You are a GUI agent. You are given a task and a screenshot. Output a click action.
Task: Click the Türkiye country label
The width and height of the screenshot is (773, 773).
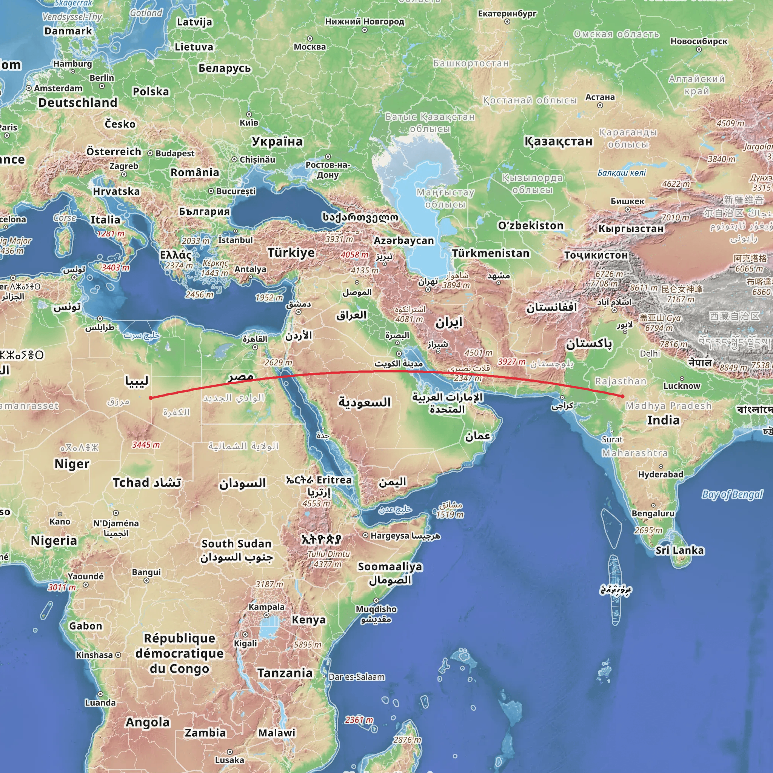[x=291, y=253]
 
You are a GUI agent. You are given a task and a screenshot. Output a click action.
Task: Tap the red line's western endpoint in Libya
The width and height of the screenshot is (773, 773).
[x=151, y=398]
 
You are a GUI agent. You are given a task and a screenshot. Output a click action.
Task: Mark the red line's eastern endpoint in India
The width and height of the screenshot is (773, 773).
[x=622, y=396]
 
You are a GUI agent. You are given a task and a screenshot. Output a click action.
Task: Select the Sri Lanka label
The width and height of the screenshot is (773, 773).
[x=679, y=550]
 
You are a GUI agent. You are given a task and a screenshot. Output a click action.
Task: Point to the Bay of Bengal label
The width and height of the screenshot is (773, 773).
[x=732, y=494]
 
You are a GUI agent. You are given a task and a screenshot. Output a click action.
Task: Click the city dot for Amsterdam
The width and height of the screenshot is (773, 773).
[x=29, y=88]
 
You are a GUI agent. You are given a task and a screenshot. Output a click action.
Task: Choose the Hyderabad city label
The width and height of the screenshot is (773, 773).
[x=661, y=474]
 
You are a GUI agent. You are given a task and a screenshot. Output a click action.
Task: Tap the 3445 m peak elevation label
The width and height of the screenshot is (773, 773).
[x=146, y=445]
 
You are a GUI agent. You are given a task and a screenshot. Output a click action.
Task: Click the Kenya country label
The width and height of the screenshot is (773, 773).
[x=308, y=620]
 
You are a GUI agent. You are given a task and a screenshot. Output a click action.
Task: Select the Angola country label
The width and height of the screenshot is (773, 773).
[x=148, y=722]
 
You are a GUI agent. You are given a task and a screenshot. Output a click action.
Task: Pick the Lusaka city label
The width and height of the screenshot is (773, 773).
[x=229, y=760]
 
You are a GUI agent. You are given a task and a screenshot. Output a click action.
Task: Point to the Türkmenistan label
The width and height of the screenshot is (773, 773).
[x=491, y=253]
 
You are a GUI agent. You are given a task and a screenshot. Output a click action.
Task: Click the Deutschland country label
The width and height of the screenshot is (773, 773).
[x=78, y=103]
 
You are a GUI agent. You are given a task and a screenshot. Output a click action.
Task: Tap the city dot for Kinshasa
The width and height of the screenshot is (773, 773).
[x=118, y=655]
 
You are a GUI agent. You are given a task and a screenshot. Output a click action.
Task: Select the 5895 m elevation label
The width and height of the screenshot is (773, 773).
[x=307, y=645]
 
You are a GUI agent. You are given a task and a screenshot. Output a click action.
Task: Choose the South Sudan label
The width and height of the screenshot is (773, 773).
[x=236, y=544]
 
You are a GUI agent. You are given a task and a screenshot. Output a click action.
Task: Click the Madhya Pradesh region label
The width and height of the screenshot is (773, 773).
[x=668, y=406]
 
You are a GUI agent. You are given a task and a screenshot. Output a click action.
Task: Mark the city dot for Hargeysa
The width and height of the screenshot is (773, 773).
[x=365, y=535]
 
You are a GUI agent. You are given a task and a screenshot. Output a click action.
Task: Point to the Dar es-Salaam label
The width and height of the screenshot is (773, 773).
[x=356, y=677]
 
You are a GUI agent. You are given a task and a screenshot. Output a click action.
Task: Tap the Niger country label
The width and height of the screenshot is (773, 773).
[x=72, y=464]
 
